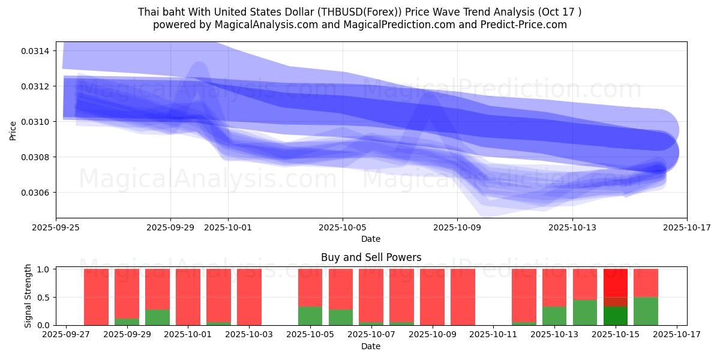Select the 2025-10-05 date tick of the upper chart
[x=343, y=227]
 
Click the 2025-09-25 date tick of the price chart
[x=56, y=227]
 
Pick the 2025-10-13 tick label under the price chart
[x=572, y=227]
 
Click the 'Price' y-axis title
[x=13, y=130]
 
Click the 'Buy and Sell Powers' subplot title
[x=371, y=257]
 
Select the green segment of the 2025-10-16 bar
[x=646, y=311]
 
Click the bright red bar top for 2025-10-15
[x=615, y=282]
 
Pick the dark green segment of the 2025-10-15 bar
[x=615, y=316]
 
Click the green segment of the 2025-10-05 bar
[x=310, y=316]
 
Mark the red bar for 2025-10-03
[x=249, y=297]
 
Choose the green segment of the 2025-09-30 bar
[x=157, y=317]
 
